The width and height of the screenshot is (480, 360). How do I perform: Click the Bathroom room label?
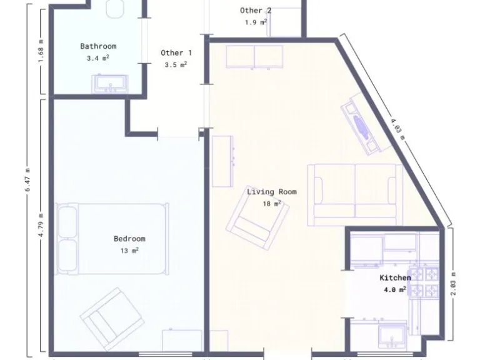(x=98, y=46)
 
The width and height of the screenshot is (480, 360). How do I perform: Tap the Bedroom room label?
(x=129, y=239)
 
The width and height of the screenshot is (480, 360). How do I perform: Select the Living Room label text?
(x=271, y=192)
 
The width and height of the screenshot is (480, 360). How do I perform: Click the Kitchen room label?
(x=395, y=277)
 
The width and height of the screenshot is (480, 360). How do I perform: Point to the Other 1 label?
(x=176, y=53)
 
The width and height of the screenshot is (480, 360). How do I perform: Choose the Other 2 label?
(x=256, y=11)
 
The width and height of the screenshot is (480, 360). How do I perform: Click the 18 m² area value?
(x=271, y=204)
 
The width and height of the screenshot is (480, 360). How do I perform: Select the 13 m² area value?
(x=129, y=251)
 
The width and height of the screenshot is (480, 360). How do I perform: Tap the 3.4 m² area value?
(x=98, y=58)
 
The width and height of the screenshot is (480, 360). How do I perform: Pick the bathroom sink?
(x=110, y=83)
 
